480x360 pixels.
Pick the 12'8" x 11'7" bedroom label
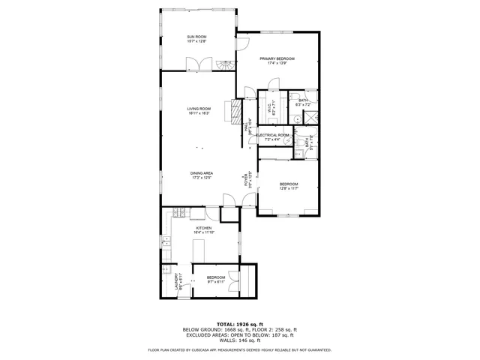pos(289,186)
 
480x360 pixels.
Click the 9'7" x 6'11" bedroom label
pos(216,280)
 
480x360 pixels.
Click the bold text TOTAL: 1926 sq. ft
pos(239,324)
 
